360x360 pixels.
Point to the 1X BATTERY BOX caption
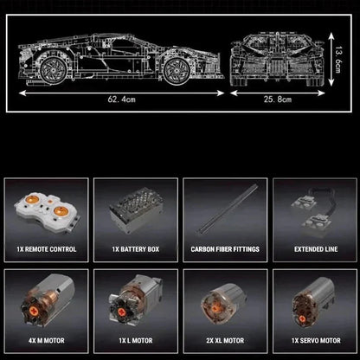[136, 249]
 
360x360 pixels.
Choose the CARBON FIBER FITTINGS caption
[225, 249]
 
